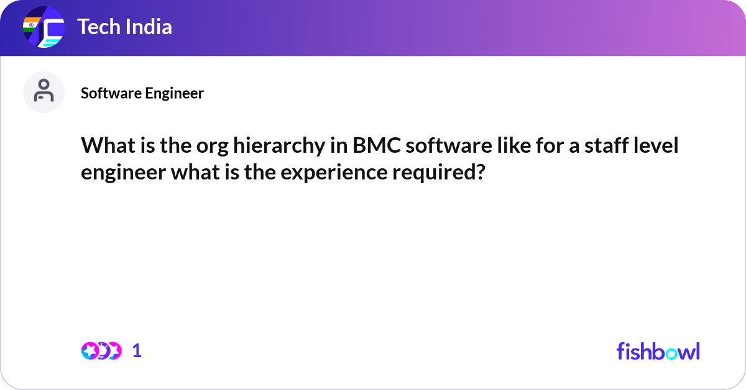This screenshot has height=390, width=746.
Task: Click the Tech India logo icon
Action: point(44,28)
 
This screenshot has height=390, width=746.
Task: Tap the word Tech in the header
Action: point(97,27)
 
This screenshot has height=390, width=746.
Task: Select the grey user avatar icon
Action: point(44,92)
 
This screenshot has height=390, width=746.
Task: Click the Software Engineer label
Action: point(142,93)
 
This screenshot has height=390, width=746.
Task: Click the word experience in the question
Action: point(333,172)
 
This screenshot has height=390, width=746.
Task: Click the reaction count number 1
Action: point(137,351)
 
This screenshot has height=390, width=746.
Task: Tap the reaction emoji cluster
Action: point(101,351)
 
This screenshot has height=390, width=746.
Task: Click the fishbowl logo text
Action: point(658,351)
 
